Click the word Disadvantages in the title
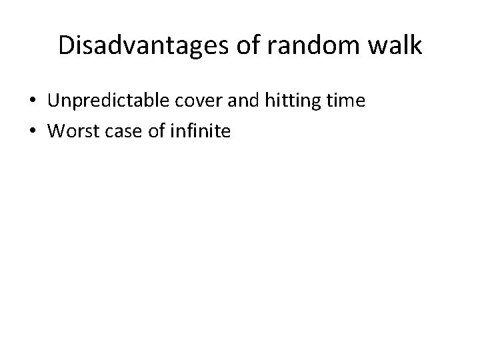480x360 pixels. [x=139, y=45]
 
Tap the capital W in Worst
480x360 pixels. [x=56, y=131]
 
